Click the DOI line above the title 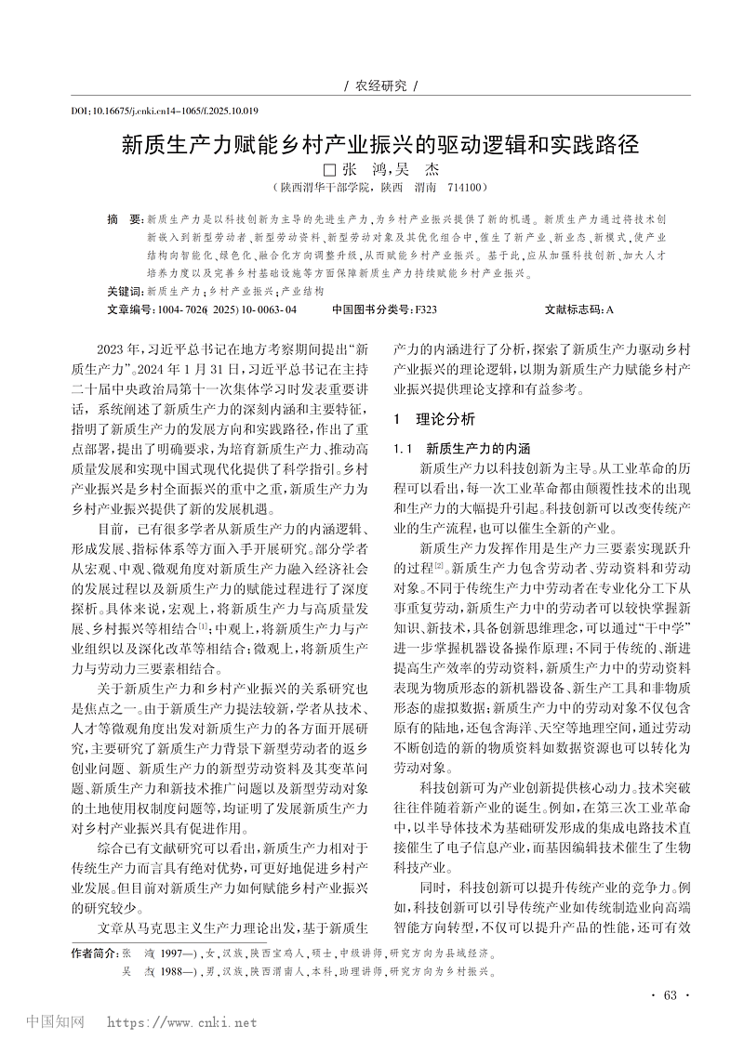165,111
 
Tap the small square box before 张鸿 327,171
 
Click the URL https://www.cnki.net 182,1023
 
